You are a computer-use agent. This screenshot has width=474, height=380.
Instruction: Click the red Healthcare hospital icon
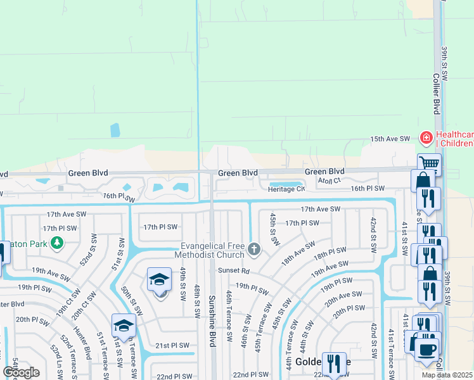click(x=426, y=137)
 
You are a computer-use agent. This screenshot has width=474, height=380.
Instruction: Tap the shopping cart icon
click(x=429, y=164)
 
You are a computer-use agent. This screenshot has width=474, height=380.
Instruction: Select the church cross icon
click(x=254, y=249)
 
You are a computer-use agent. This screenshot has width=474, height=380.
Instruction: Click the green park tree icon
click(x=56, y=242)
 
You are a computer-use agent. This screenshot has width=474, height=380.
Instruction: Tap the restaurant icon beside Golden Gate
click(x=334, y=363)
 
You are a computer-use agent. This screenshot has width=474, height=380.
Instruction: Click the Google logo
click(x=21, y=372)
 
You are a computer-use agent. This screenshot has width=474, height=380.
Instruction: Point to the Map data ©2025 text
click(x=447, y=375)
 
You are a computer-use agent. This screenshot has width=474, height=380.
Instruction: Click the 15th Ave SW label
click(x=391, y=139)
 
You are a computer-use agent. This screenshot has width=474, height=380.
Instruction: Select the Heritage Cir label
click(x=286, y=189)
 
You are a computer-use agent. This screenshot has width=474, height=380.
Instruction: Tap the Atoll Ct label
click(x=330, y=180)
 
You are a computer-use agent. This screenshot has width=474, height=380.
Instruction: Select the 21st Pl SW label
click(x=172, y=345)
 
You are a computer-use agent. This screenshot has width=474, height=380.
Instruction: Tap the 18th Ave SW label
click(x=298, y=253)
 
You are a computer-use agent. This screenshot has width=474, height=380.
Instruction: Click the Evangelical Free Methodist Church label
click(x=212, y=251)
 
